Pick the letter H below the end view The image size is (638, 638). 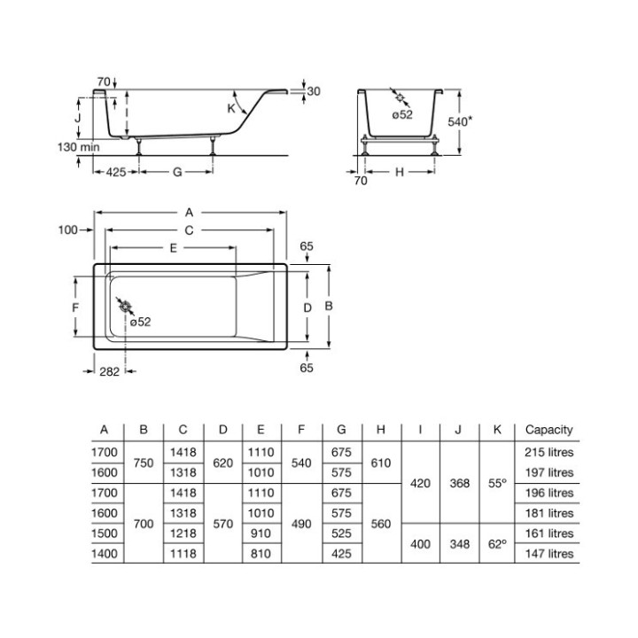point(399,172)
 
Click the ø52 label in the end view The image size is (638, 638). point(402,114)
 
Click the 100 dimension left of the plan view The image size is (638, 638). point(68,230)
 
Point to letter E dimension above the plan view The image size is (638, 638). point(174,249)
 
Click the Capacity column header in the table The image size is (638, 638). point(549,430)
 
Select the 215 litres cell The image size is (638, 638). point(549,452)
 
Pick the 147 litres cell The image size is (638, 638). point(549,554)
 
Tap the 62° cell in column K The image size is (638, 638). point(497,543)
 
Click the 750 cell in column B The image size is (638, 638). point(144,462)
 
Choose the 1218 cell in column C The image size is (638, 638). point(183,533)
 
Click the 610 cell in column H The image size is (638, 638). point(380,462)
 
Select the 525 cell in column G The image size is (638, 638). point(340,533)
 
